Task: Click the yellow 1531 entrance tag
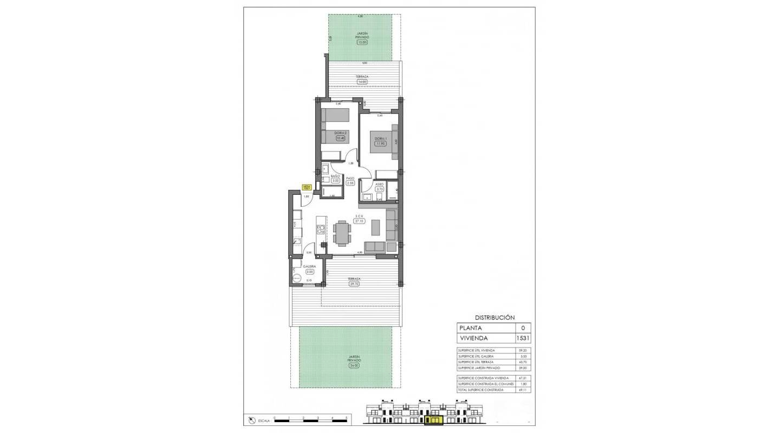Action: pyautogui.click(x=306, y=187)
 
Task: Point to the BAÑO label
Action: pyautogui.click(x=335, y=176)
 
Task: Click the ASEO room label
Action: pyautogui.click(x=379, y=185)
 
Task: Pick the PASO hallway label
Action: pyautogui.click(x=350, y=178)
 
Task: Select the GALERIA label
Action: pyautogui.click(x=310, y=267)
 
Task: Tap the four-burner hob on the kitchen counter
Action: pyautogui.click(x=320, y=228)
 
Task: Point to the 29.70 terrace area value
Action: pyautogui.click(x=354, y=283)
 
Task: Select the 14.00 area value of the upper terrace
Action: pyautogui.click(x=362, y=82)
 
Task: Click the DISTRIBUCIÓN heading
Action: pyautogui.click(x=495, y=318)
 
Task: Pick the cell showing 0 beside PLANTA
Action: pyautogui.click(x=523, y=327)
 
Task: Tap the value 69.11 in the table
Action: pyautogui.click(x=523, y=390)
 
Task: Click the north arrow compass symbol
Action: pyautogui.click(x=251, y=420)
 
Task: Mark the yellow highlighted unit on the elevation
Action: pyautogui.click(x=434, y=419)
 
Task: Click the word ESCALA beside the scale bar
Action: pyautogui.click(x=264, y=420)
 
